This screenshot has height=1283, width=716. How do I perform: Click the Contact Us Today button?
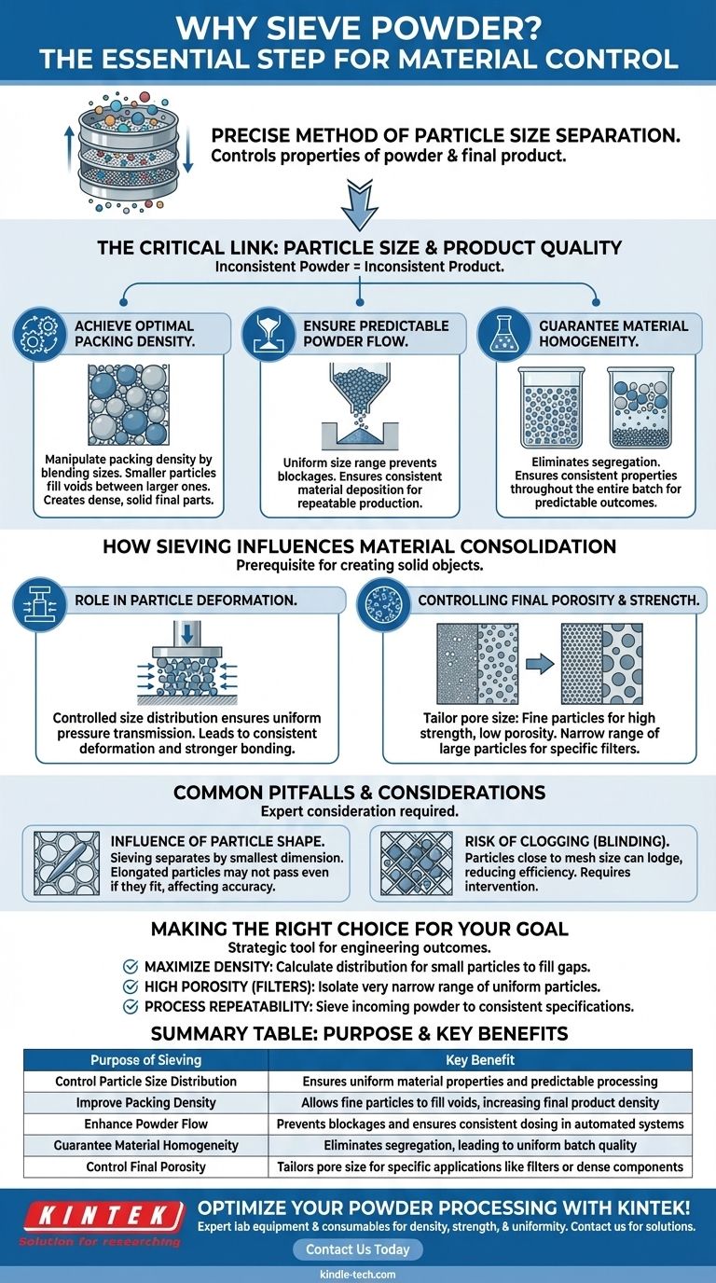tap(358, 1249)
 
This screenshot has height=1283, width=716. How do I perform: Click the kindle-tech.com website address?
tap(358, 1274)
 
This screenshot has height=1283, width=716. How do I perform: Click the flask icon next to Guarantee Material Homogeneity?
tap(503, 337)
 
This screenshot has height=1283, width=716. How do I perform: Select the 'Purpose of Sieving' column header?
tap(145, 1060)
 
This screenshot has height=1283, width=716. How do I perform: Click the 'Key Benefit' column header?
tap(480, 1060)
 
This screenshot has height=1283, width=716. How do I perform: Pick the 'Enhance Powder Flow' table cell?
tap(145, 1124)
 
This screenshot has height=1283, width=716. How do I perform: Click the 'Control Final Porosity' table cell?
tap(145, 1166)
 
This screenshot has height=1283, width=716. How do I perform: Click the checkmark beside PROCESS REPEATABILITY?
tap(131, 1006)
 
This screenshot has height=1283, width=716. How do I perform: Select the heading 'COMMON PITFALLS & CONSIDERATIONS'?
tap(358, 793)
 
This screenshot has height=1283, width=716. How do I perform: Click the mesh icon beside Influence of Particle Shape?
tap(65, 863)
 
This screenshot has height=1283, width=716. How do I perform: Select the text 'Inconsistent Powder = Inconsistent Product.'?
tap(358, 267)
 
